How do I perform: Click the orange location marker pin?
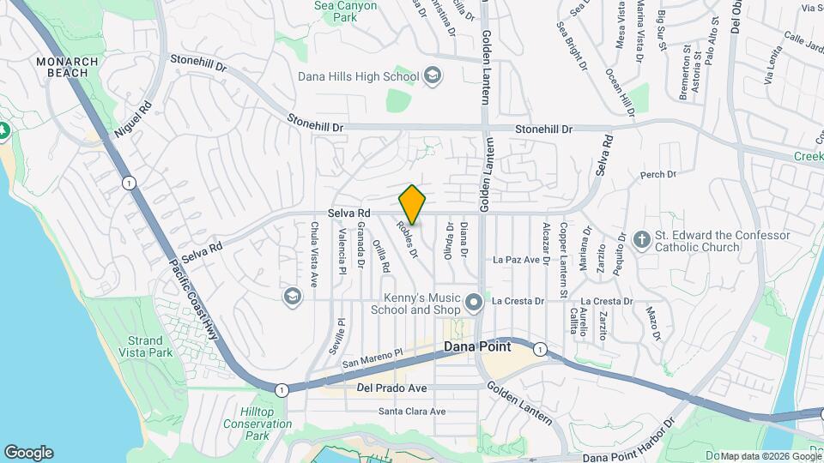coord(412,205)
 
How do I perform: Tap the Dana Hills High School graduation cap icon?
coord(433,76)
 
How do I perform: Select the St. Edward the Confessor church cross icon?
coord(640,241)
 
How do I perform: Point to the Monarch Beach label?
coord(62,67)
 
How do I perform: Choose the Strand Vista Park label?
coord(145,346)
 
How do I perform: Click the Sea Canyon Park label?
coord(334,11)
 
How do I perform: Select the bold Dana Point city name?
coord(477,347)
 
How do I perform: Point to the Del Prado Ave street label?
coord(391,388)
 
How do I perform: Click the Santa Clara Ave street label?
coord(412,412)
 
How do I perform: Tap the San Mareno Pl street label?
coord(372,358)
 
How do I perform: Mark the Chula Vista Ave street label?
coord(314,254)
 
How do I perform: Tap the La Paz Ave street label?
coord(516,260)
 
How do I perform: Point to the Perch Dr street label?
coord(658,175)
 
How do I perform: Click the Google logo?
coord(28,453)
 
